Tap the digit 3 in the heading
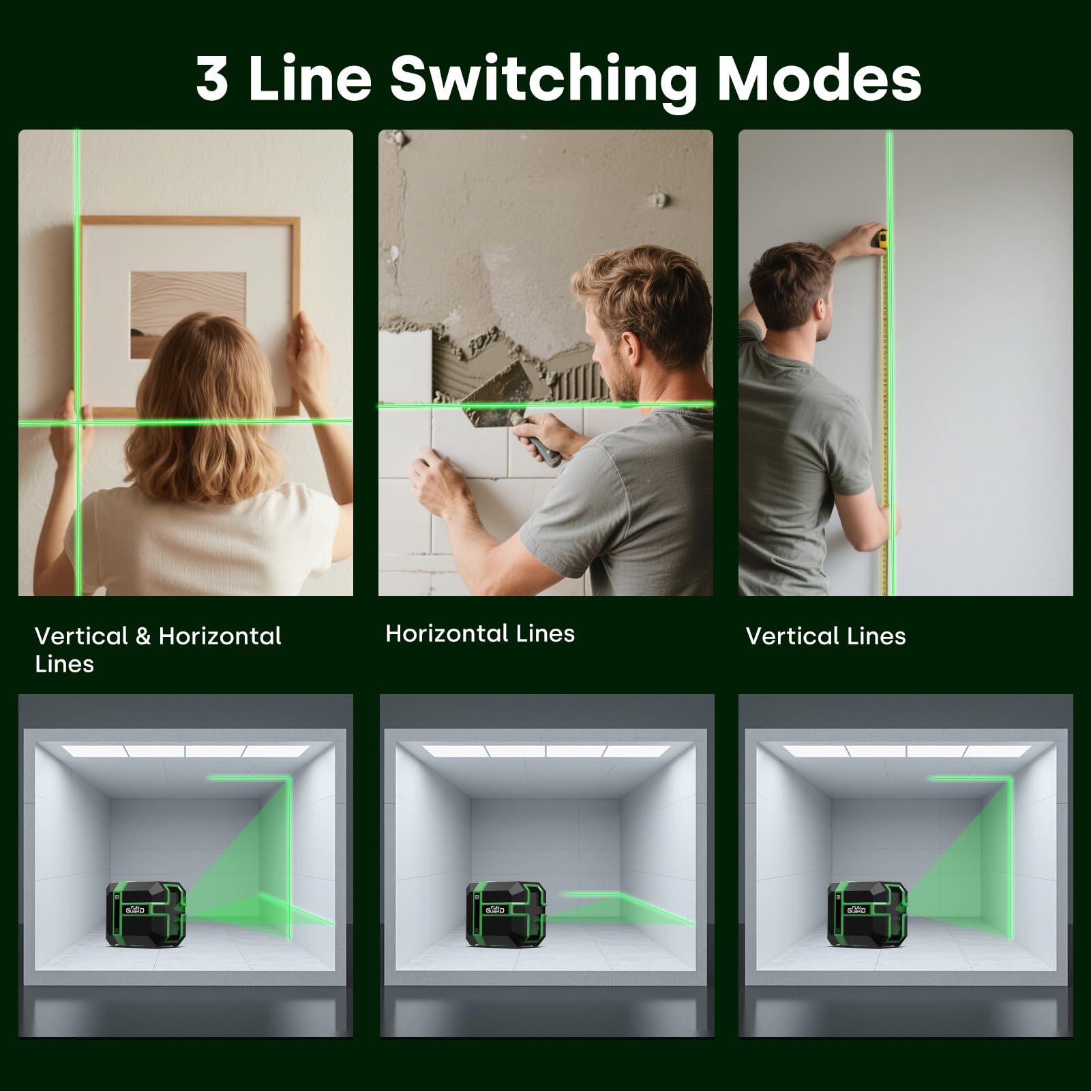coord(211,78)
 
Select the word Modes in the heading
coord(820,78)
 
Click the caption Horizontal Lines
coord(480,633)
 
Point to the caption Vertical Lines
coord(826,636)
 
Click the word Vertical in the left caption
coord(80,636)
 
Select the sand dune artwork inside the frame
coord(188,315)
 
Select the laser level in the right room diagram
coord(867,914)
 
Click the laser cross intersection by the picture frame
coord(78,422)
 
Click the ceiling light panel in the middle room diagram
coord(546,751)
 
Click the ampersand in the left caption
coord(143,636)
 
